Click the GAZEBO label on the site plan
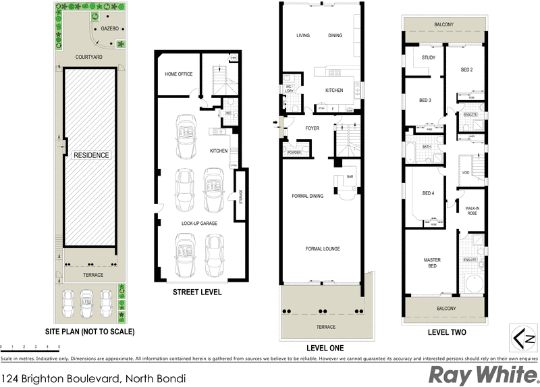click(109, 30)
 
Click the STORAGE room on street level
click(240, 195)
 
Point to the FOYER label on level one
click(312, 128)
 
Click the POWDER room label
click(294, 152)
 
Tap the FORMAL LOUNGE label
click(322, 249)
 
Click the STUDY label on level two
click(428, 57)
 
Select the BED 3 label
click(425, 101)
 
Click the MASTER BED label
click(432, 263)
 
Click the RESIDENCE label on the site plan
click(91, 155)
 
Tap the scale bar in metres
click(30, 345)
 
